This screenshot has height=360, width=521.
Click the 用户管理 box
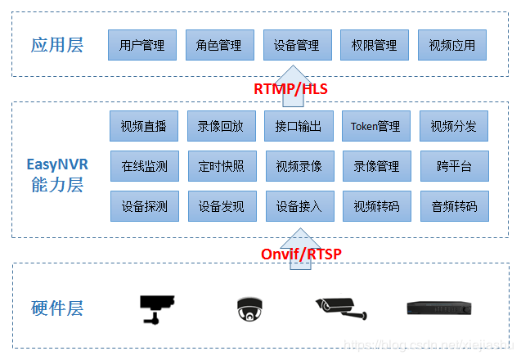point(141,46)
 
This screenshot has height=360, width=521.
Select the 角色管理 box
point(219,46)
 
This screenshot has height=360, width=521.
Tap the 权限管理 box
point(374,46)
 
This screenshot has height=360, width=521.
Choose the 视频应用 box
point(451,46)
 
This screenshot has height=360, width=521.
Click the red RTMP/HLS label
point(291,88)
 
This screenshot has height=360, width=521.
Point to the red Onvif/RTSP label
point(301,254)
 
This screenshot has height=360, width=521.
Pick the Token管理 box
point(375,127)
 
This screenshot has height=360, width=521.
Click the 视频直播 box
point(143,127)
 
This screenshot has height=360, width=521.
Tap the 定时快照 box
point(221,166)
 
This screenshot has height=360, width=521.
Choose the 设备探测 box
point(144,206)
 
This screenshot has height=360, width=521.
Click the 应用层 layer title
point(57,45)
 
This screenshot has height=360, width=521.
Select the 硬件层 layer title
point(57,309)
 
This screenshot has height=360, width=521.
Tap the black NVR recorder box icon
point(440,308)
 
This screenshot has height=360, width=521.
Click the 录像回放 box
point(221,127)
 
